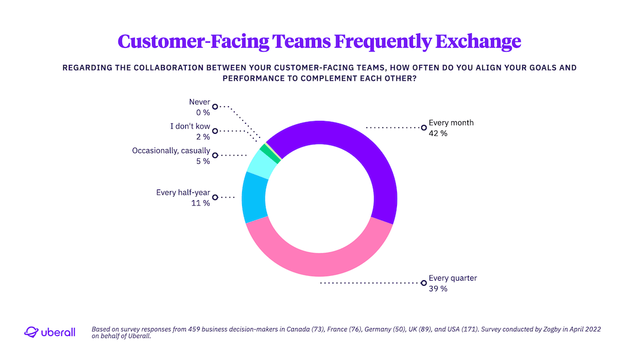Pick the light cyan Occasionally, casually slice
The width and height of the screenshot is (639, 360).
tap(261, 164)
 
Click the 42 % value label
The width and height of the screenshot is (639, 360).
tap(438, 134)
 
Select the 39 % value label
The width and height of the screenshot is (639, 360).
tap(438, 288)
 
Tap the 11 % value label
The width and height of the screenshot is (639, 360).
tap(201, 203)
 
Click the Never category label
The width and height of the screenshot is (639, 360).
tap(199, 102)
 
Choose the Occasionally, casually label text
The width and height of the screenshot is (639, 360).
tap(171, 151)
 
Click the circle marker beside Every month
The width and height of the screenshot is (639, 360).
tap(423, 127)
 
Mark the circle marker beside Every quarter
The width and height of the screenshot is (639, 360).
tap(423, 283)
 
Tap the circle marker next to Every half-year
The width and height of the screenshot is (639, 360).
tap(215, 197)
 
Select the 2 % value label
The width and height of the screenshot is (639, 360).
tap(203, 136)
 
